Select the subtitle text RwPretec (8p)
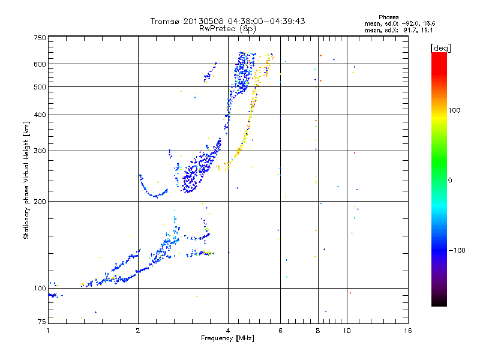click(227, 29)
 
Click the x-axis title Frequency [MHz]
click(227, 338)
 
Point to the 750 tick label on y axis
click(40, 38)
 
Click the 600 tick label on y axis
click(40, 64)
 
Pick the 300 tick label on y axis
click(40, 151)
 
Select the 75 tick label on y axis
click(42, 322)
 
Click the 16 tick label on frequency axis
click(408, 331)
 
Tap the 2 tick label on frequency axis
click(138, 331)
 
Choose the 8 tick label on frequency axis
click(318, 331)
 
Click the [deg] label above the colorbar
click(440, 48)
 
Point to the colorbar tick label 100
click(454, 110)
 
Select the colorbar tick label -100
click(457, 250)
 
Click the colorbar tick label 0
click(450, 181)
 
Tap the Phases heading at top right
click(388, 17)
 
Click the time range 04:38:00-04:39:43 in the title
click(266, 21)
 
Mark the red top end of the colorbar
click(439, 53)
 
